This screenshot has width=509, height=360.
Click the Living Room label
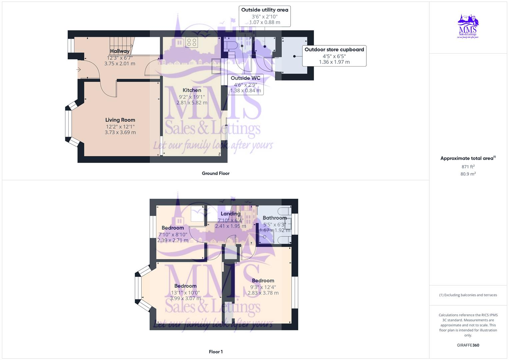point(120,120)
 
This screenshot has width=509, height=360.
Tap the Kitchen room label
point(192,90)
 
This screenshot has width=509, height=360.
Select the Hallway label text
point(120,51)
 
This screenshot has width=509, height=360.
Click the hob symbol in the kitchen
point(192,42)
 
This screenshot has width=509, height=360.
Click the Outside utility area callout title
point(265,10)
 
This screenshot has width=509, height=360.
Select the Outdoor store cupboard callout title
point(334,50)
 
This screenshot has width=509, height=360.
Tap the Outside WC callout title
point(245,78)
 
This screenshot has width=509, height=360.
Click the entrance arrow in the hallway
point(79,70)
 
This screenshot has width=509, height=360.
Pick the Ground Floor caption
point(216,173)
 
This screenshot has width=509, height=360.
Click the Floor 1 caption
point(216,352)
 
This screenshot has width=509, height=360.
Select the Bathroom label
point(275,218)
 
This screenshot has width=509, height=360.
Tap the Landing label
point(230,214)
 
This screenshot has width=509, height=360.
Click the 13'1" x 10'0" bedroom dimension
point(185,293)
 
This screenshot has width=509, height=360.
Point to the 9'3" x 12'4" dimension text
point(263,287)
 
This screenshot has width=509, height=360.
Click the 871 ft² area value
point(468,167)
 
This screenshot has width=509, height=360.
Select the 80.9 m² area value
point(468,174)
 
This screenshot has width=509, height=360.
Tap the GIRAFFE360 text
point(468,345)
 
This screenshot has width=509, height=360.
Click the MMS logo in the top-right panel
point(468,26)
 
